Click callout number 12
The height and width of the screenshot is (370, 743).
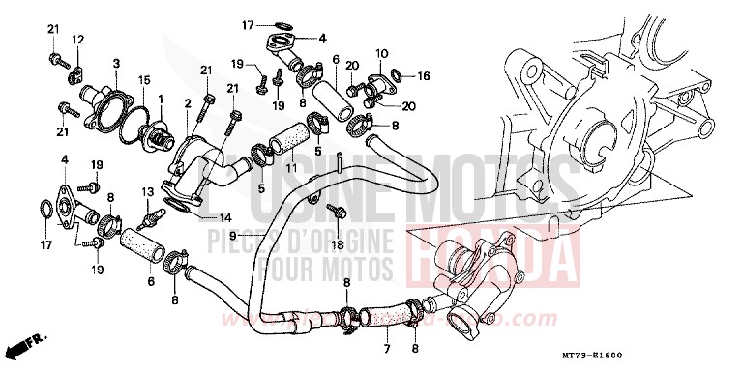coord(78,39)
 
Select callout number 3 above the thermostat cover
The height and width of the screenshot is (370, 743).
coord(116,63)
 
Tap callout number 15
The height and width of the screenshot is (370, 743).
coord(143,79)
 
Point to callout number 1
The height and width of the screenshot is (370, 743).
coord(160,100)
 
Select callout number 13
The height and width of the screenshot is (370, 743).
coord(148,193)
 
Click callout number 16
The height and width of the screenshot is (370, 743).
coord(425,74)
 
